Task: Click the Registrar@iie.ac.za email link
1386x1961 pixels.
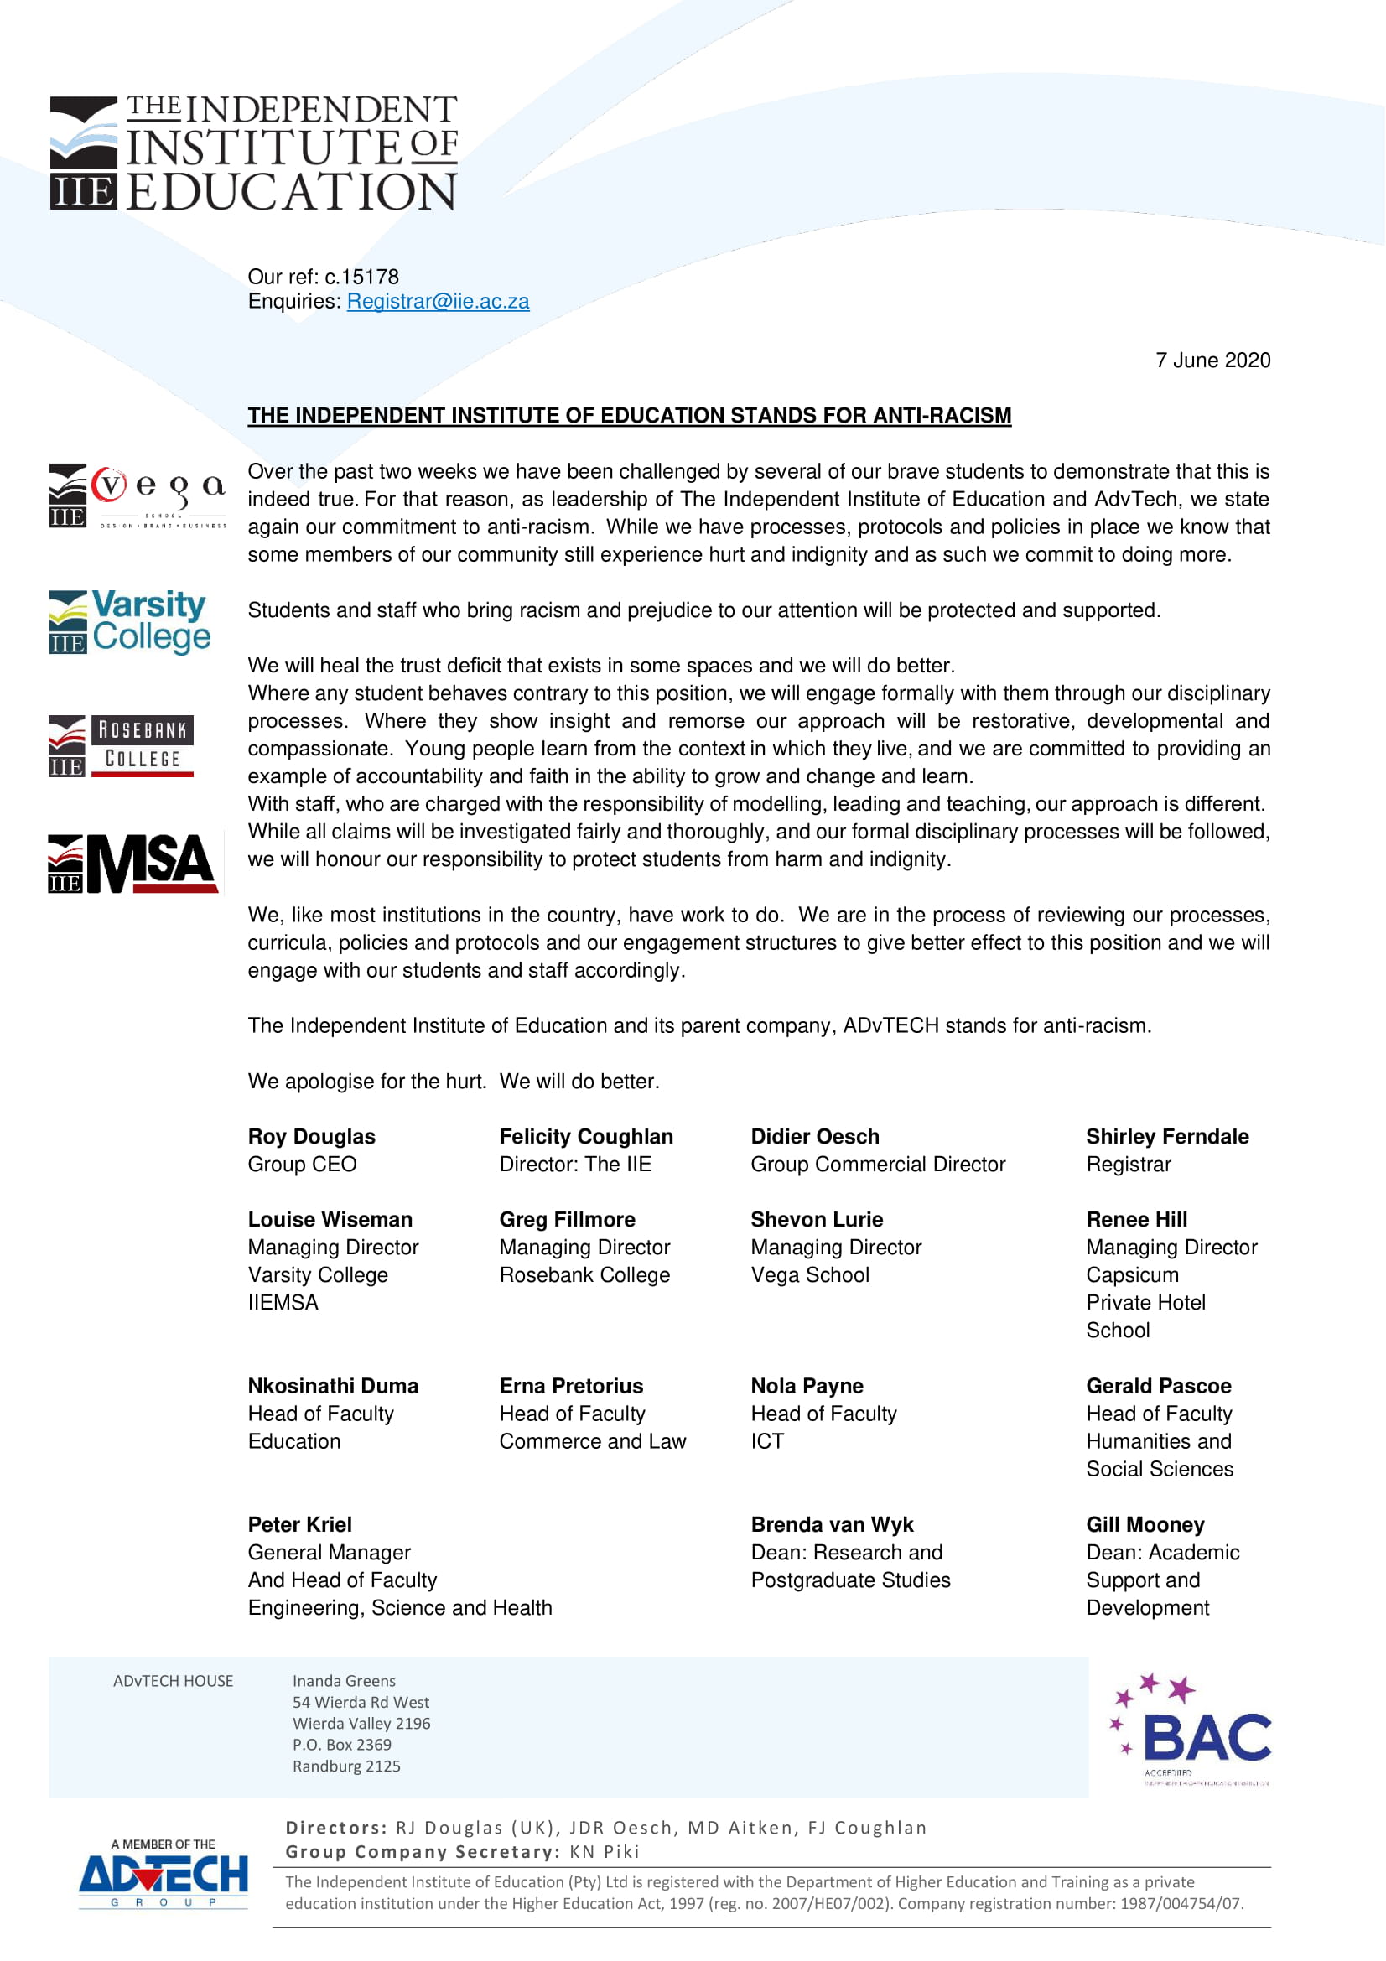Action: pos(437,302)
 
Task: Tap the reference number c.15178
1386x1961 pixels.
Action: pos(361,277)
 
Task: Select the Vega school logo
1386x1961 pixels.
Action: pos(138,496)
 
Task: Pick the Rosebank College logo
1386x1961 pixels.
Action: pos(122,744)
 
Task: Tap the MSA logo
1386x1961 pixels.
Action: pos(133,864)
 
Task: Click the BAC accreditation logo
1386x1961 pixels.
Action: pos(1191,1729)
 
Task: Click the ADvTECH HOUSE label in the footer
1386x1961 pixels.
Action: pos(173,1681)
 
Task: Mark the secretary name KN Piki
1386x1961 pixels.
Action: pos(605,1852)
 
